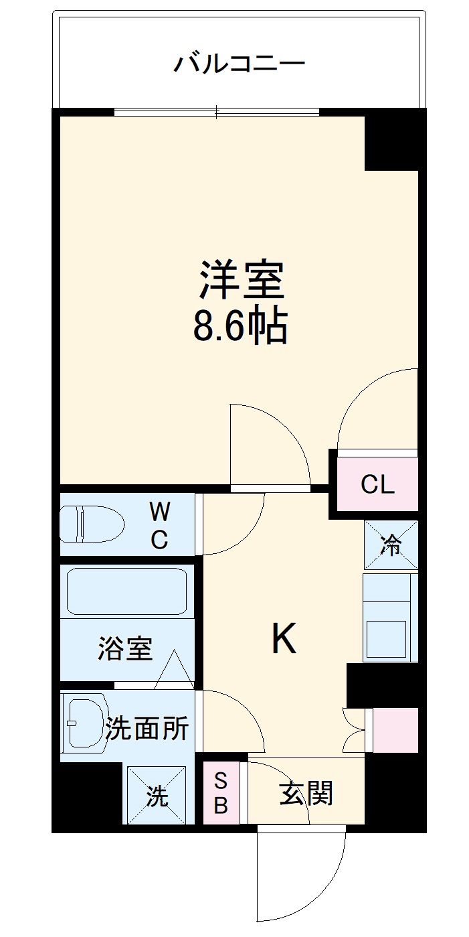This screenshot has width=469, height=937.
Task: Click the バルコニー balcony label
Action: tap(240, 64)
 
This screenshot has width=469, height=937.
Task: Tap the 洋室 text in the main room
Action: tap(242, 281)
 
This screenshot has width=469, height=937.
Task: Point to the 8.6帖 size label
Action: tap(240, 326)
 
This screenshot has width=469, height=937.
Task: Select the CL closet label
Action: tap(377, 484)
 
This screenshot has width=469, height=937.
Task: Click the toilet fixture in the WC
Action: tap(92, 524)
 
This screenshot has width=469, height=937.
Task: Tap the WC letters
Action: tap(159, 526)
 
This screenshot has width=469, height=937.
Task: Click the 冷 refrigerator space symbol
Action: tap(391, 545)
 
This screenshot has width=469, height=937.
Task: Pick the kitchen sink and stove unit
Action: tap(390, 618)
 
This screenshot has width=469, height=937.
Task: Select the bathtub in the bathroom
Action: tap(126, 592)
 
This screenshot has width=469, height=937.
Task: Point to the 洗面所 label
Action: tap(147, 729)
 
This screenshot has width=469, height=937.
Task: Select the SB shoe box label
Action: tap(221, 793)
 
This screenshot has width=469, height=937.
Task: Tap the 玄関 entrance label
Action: tap(306, 794)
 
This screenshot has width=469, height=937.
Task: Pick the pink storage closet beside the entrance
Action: tap(395, 729)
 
